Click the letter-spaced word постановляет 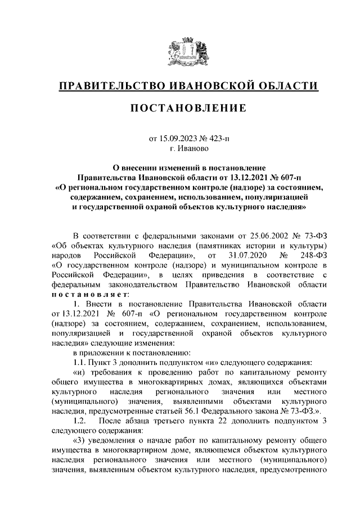(90, 294)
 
